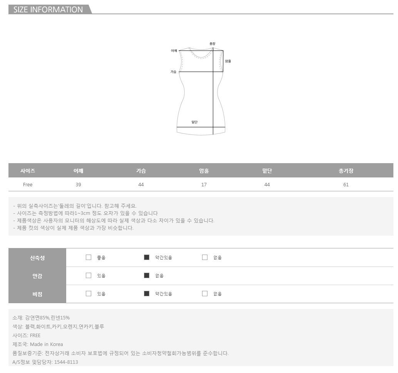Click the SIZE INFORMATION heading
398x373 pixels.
(48, 9)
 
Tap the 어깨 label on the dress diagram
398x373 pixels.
(174, 51)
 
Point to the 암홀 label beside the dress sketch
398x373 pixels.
(228, 61)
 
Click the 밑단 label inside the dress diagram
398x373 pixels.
(194, 122)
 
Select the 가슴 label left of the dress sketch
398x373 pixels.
(173, 72)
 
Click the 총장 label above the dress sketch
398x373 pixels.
(212, 44)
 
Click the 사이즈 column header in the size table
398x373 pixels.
(28, 171)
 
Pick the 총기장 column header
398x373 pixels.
(346, 171)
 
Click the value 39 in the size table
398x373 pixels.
(78, 185)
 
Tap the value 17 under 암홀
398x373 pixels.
(204, 185)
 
